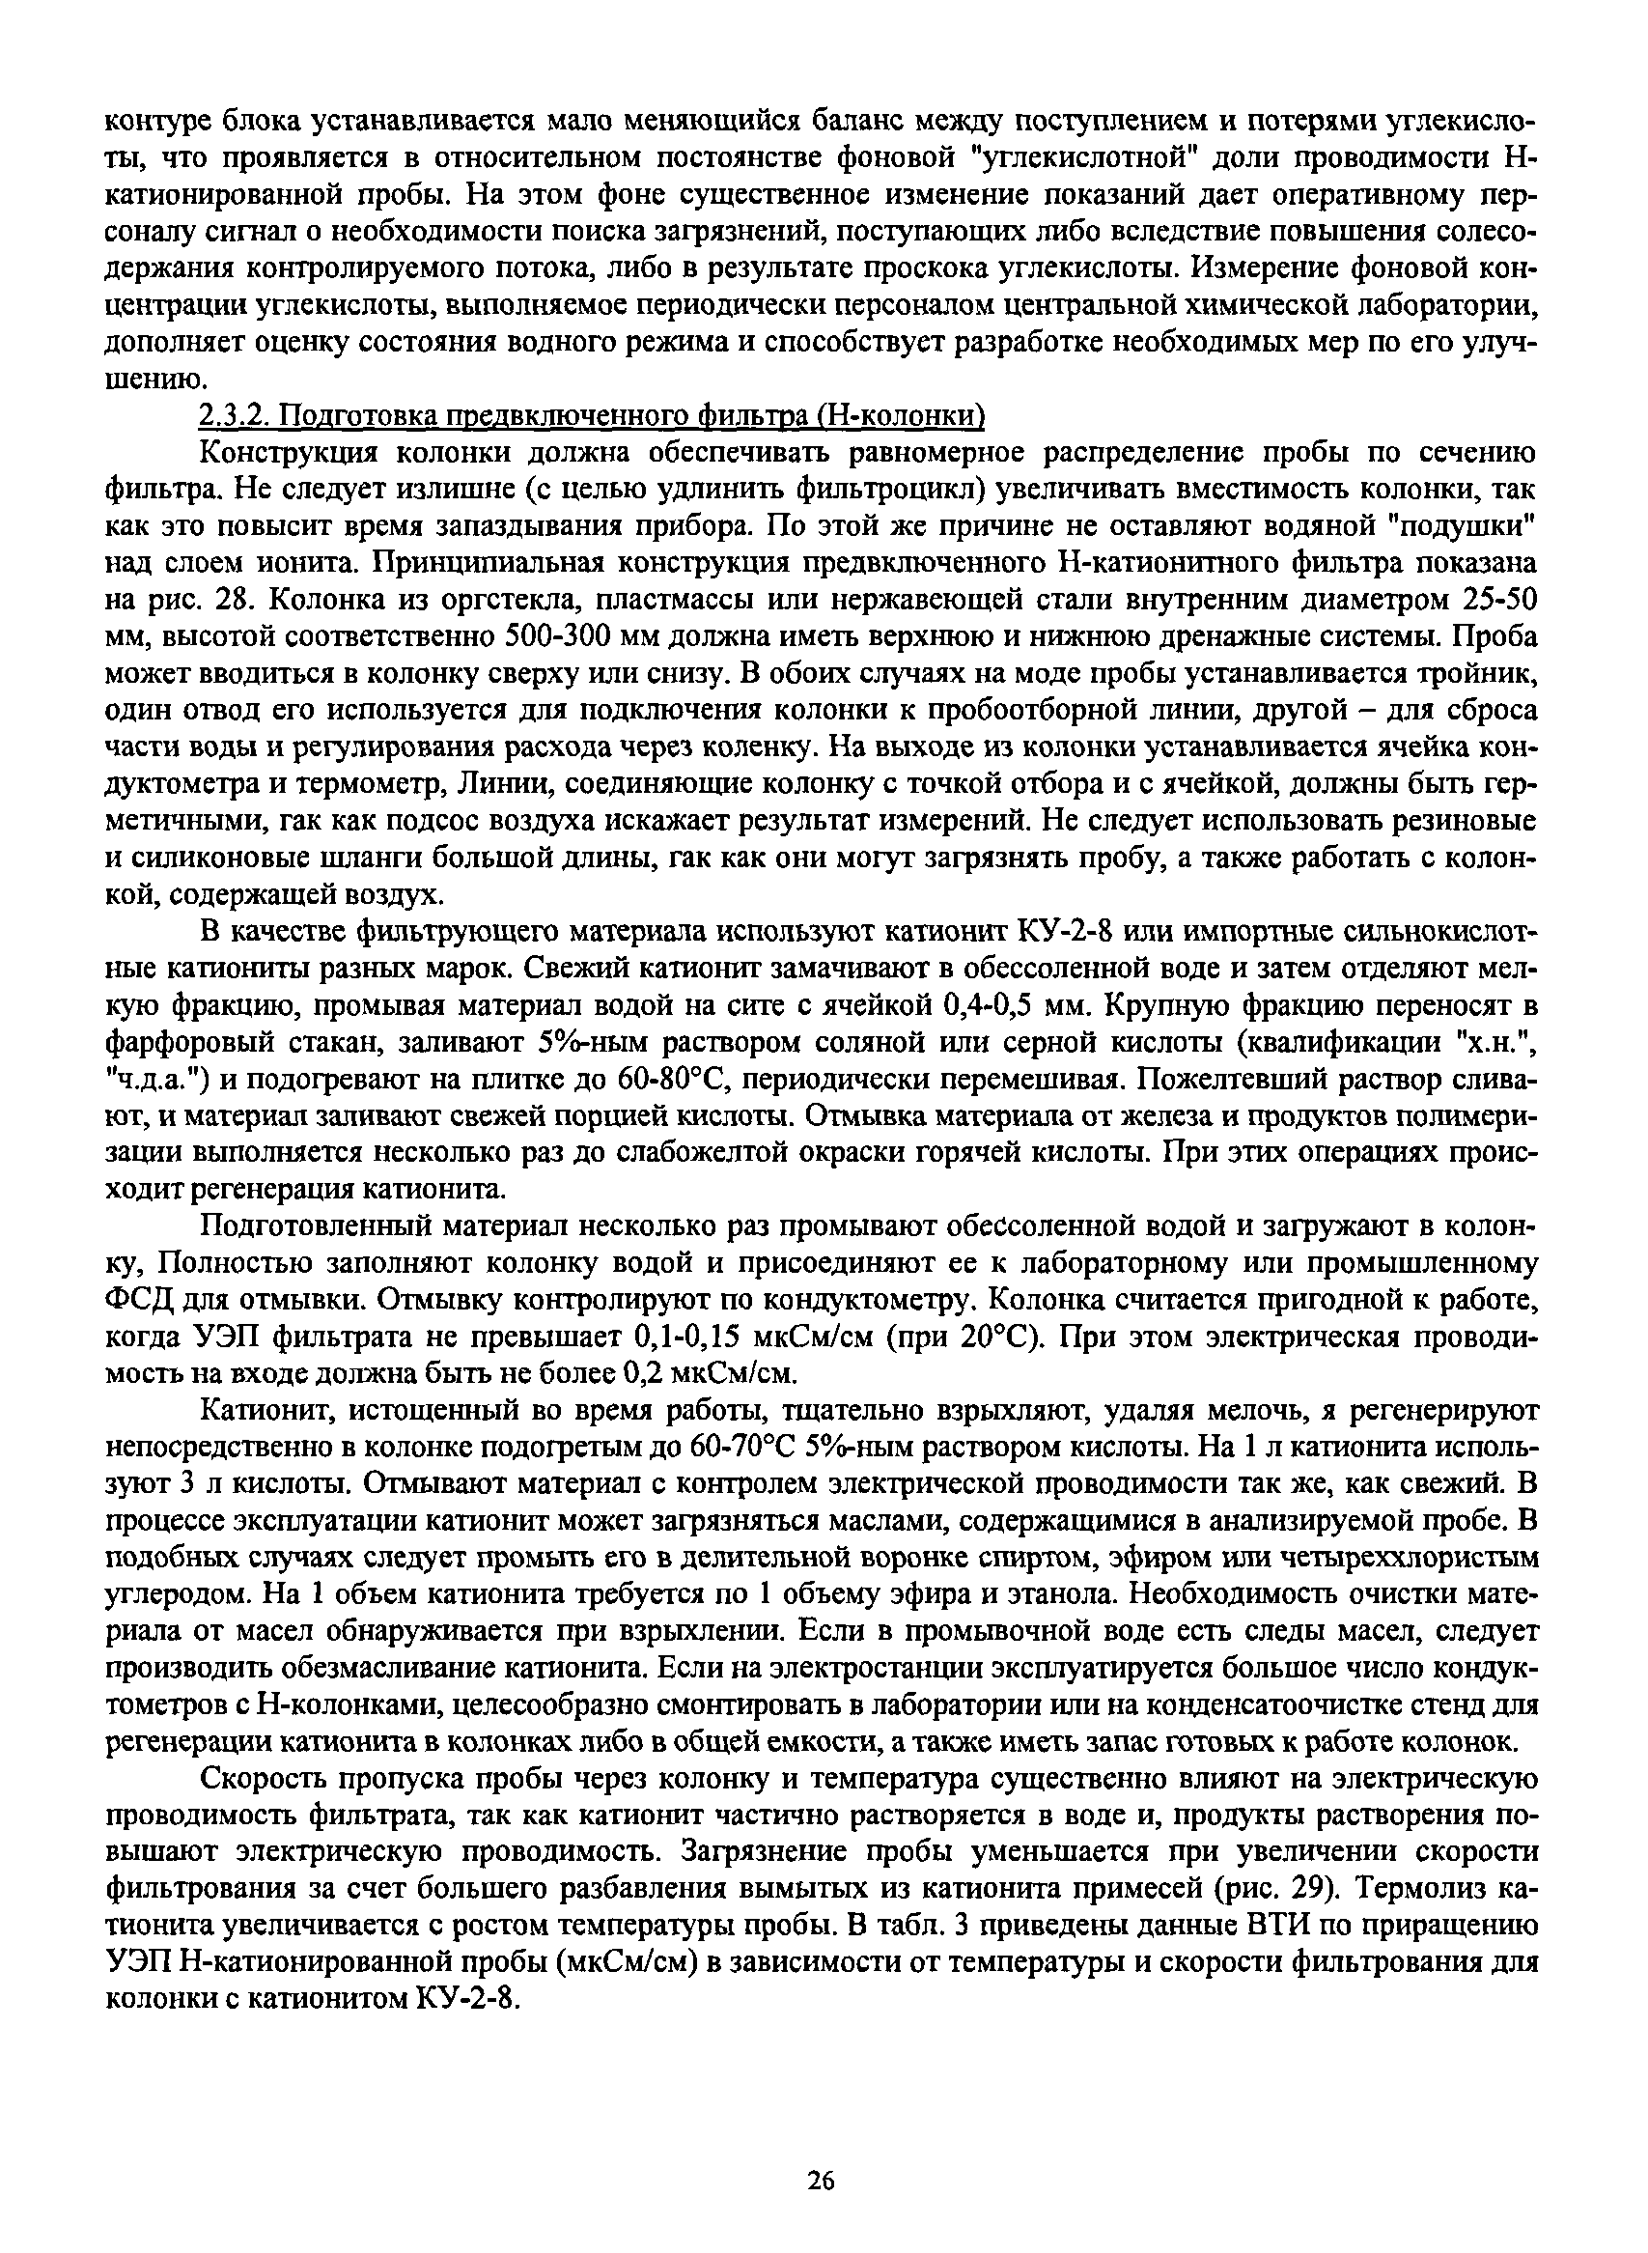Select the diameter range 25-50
1488,601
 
